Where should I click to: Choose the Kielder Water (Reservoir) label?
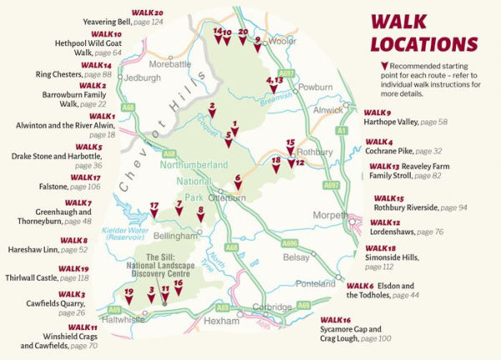tap(124, 235)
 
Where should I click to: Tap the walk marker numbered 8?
tap(200, 215)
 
